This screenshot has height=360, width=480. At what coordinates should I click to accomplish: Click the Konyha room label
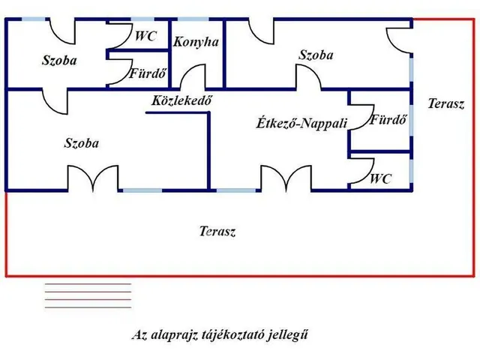pyautogui.click(x=196, y=42)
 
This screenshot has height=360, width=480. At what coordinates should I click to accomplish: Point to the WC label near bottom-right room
pyautogui.click(x=381, y=179)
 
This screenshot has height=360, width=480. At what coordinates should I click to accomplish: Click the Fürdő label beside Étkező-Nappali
pyautogui.click(x=388, y=119)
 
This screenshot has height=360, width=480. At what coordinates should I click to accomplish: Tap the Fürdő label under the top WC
pyautogui.click(x=148, y=74)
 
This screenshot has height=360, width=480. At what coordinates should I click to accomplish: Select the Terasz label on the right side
pyautogui.click(x=446, y=104)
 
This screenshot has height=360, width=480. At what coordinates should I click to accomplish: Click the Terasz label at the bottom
pyautogui.click(x=218, y=232)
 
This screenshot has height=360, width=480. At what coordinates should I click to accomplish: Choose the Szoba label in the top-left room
pyautogui.click(x=59, y=60)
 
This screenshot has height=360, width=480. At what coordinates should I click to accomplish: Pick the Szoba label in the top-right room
pyautogui.click(x=316, y=55)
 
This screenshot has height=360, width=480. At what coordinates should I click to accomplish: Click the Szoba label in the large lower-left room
pyautogui.click(x=82, y=142)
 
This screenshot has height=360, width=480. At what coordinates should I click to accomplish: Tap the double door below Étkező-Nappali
pyautogui.click(x=285, y=178)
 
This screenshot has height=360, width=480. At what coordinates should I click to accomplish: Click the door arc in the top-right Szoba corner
pyautogui.click(x=398, y=39)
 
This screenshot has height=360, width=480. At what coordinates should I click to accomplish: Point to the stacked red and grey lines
pyautogui.click(x=88, y=295)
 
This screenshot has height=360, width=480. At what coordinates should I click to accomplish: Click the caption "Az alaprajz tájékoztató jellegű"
pyautogui.click(x=220, y=335)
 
